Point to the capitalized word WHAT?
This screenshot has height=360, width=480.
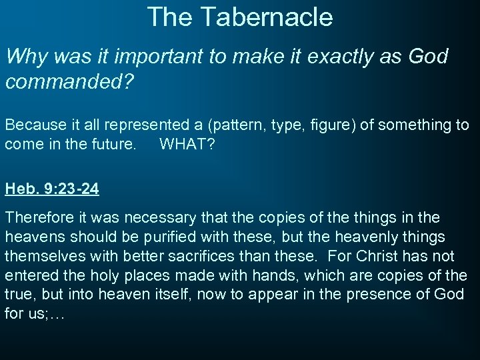coord(187,144)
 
